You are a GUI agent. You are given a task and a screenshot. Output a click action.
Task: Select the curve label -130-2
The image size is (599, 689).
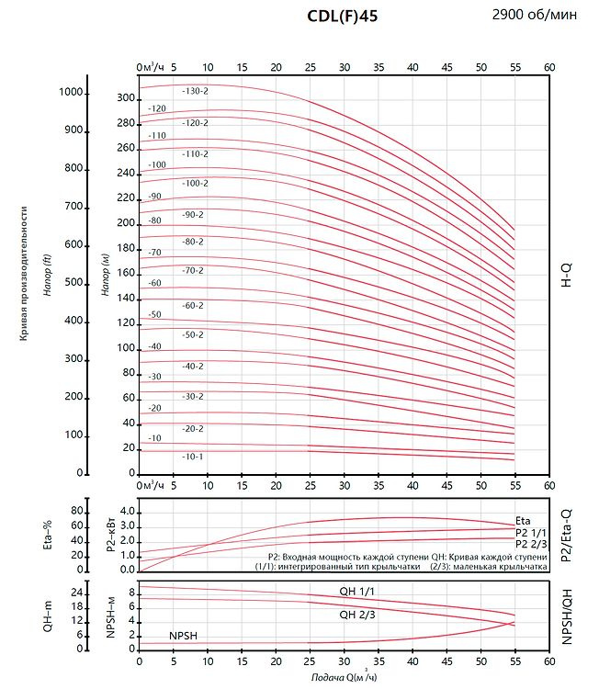195,91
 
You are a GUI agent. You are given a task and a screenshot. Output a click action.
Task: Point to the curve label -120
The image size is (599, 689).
156,108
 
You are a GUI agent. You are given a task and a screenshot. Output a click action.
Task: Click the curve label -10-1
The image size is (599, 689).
193,457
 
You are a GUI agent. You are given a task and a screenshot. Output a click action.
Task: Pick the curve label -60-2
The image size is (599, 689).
193,305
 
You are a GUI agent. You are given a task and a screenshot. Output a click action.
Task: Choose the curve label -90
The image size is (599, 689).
154,197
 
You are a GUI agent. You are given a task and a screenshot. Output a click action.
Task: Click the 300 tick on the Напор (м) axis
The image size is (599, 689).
126,98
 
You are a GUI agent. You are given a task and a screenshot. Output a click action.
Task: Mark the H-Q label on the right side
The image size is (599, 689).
566,273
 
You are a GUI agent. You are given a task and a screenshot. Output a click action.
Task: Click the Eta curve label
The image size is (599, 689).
523,521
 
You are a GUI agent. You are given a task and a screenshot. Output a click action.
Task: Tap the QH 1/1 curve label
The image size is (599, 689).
357,591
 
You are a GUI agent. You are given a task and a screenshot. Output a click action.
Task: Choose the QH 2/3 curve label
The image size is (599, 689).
357,615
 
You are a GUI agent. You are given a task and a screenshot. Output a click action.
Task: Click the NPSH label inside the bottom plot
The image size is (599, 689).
183,636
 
